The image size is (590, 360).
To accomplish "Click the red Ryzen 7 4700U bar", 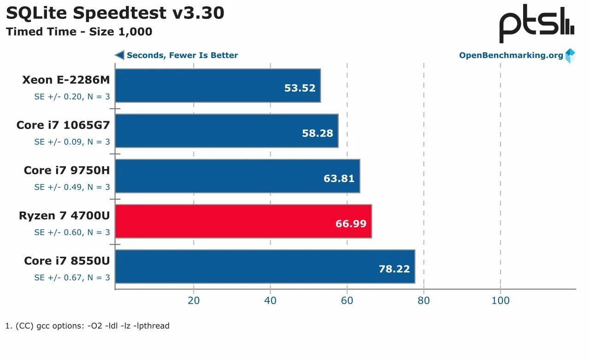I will [243, 222].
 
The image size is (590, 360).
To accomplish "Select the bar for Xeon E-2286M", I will [218, 86].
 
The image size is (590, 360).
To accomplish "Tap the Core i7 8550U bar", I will [265, 266].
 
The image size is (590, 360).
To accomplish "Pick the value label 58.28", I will [317, 133].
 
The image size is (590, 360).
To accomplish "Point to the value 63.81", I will [339, 178].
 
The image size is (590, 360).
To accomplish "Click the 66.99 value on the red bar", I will [351, 224].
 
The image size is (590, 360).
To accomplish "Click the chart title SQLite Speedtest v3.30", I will [115, 13].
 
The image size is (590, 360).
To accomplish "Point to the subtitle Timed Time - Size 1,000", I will [79, 32].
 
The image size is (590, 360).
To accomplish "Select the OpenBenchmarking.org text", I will [511, 55].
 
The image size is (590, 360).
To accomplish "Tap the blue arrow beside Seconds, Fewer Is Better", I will [119, 55].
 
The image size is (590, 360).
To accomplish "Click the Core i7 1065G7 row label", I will [63, 125].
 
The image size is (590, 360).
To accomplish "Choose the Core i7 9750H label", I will [67, 171].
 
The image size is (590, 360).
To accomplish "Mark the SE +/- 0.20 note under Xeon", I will [72, 97].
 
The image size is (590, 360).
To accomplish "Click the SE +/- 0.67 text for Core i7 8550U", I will [72, 277].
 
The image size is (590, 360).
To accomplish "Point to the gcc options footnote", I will [88, 326].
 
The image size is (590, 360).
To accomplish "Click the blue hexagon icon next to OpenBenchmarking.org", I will [570, 56].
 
